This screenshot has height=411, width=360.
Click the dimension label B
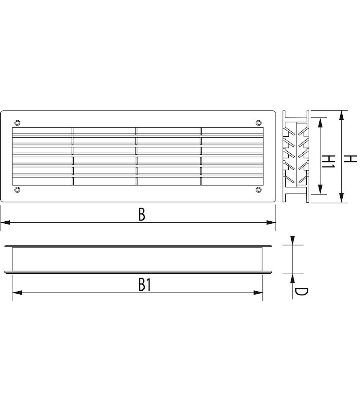pos(142,214)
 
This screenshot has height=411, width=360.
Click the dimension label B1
pos(145,285)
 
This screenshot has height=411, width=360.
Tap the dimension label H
pos(350,159)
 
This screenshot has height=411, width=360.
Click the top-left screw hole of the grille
pos(17,123)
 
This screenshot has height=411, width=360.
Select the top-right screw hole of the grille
pos(259,123)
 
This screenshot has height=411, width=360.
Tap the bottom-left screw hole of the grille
pos(17,190)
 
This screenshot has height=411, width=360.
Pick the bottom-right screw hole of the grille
pos(259,190)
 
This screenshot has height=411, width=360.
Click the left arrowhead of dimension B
pos(5,223)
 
